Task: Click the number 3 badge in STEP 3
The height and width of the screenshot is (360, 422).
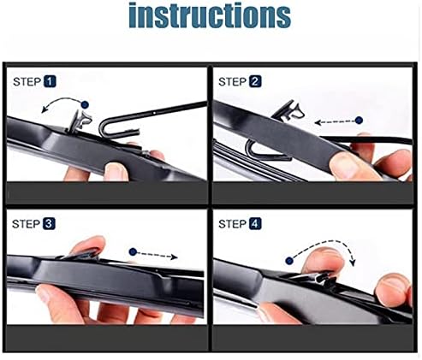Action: coord(49,224)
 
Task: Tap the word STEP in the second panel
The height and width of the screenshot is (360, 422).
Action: coord(234,82)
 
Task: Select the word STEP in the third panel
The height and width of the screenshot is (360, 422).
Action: coord(26,224)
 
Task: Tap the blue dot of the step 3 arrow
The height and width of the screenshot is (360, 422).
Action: coord(132,251)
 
